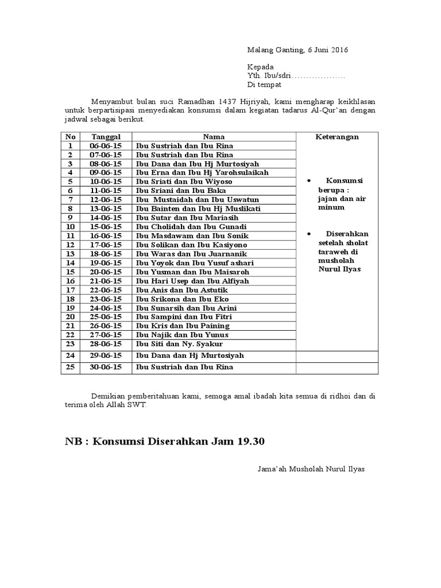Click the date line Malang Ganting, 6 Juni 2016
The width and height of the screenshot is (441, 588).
(297, 49)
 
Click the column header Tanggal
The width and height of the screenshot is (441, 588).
(106, 137)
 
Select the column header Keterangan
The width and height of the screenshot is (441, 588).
(337, 137)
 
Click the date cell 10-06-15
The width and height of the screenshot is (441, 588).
(106, 181)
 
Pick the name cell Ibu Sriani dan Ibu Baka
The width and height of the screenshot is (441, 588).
(181, 191)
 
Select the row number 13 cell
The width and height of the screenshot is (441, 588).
(71, 254)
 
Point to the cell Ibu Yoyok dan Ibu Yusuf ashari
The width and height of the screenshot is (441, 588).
(194, 263)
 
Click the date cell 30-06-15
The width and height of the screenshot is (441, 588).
(106, 367)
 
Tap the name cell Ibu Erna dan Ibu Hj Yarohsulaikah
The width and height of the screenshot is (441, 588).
(202, 172)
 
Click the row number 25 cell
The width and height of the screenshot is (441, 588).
(71, 367)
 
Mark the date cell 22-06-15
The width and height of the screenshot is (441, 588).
(106, 290)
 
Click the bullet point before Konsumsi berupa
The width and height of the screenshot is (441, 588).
(310, 180)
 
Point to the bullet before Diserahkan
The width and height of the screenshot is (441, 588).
(310, 234)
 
